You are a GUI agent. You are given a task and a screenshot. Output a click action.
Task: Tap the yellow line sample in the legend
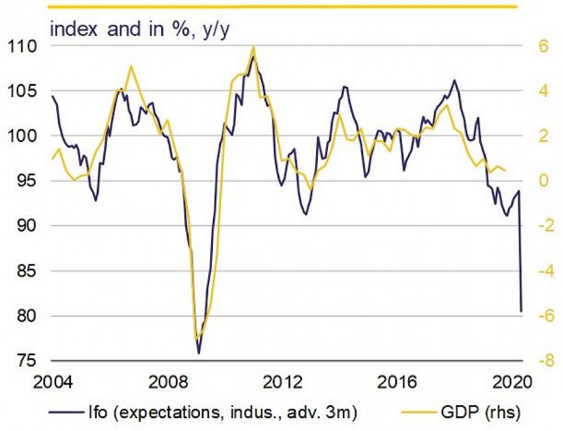[x=417, y=413]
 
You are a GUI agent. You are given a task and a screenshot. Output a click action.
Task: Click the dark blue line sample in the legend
[x=66, y=413]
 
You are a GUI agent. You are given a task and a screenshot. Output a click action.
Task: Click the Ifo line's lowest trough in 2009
[x=199, y=353]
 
